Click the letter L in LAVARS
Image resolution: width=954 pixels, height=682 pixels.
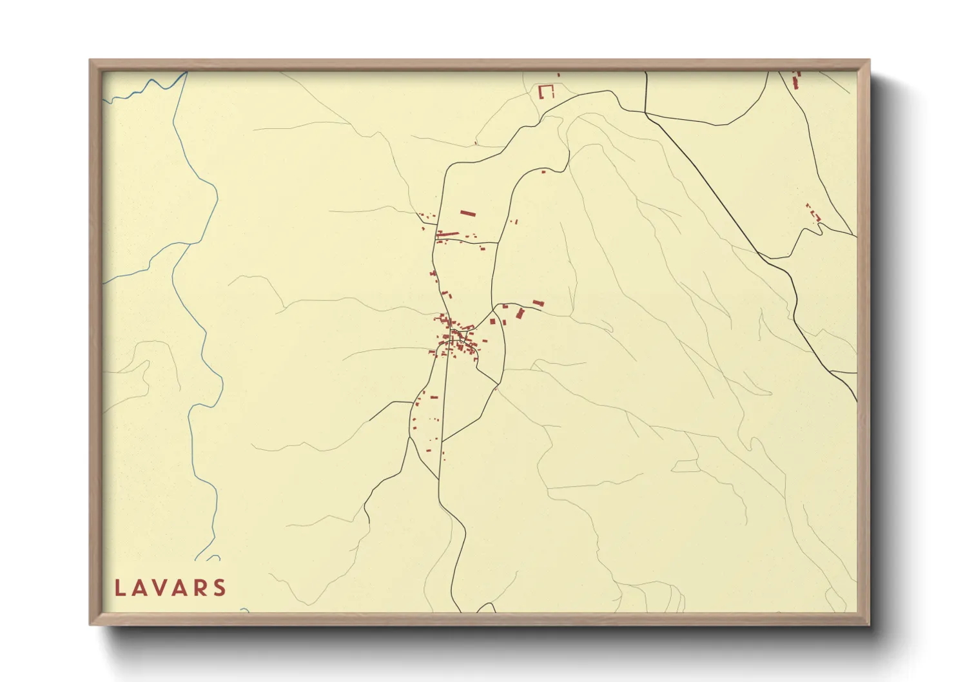point(119,588)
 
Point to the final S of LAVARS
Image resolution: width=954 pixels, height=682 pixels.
point(220,588)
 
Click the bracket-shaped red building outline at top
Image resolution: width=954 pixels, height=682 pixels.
point(546,92)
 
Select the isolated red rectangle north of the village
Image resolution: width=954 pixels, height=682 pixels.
point(467,213)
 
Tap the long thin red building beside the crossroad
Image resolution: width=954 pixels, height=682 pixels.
point(448,233)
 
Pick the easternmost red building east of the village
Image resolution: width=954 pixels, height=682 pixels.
point(538,302)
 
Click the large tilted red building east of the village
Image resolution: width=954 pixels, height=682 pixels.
point(520,313)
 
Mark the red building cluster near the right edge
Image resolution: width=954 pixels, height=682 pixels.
point(813,212)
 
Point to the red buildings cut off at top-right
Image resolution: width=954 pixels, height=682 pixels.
point(796,81)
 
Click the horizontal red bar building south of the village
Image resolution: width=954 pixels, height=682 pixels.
point(434,397)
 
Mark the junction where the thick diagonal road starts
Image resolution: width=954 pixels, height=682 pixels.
point(645,113)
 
